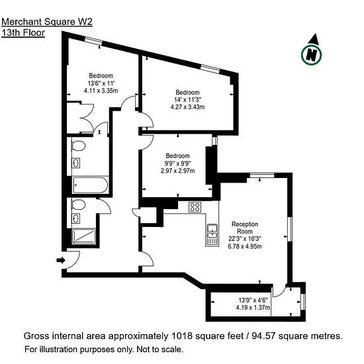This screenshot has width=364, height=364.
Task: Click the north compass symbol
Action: tap(312, 52)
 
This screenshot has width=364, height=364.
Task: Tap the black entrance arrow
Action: tap(61, 260)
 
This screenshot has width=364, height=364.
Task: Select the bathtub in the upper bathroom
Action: tap(90, 185)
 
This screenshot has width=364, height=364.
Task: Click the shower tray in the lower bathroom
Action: tap(83, 236)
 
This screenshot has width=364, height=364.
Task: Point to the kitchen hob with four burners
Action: tap(195, 207)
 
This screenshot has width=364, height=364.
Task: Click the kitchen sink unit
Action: tap(212, 235)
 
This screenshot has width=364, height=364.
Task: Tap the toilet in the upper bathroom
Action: tap(78, 146)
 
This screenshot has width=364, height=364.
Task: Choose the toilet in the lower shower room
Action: tap(78, 205)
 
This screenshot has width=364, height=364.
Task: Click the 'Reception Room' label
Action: tap(245, 228)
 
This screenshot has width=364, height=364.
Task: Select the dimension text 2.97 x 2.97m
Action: tap(178, 171)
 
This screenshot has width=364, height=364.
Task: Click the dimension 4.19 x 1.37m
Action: tap(253, 308)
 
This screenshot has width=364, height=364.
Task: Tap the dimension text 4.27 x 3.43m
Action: tap(187, 107)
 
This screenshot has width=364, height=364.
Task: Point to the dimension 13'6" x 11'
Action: tap(101, 83)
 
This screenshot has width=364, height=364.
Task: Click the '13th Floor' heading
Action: tap(23, 32)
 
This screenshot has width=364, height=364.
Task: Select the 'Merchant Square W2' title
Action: tap(47, 22)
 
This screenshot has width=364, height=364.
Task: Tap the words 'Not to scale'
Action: tap(159, 349)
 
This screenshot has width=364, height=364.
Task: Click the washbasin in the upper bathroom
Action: tap(76, 163)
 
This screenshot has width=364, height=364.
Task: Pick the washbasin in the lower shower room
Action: tap(76, 218)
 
